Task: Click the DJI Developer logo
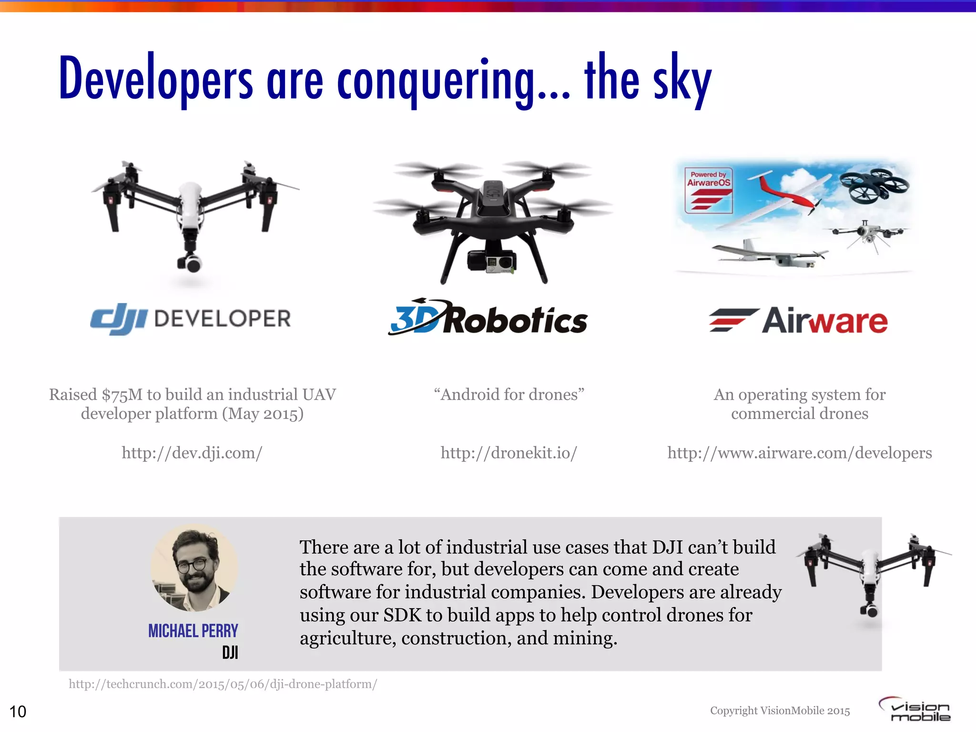[191, 318]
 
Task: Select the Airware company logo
[798, 320]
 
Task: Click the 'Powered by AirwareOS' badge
[708, 190]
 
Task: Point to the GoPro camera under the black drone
[500, 262]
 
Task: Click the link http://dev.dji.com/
[192, 453]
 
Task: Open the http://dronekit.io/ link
[508, 453]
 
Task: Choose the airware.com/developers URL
[799, 453]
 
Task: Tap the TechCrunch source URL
[223, 684]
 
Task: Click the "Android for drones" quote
[508, 395]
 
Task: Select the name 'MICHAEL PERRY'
[193, 631]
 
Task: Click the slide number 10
[18, 712]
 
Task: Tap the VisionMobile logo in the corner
[915, 710]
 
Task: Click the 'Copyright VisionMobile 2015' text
[780, 711]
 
